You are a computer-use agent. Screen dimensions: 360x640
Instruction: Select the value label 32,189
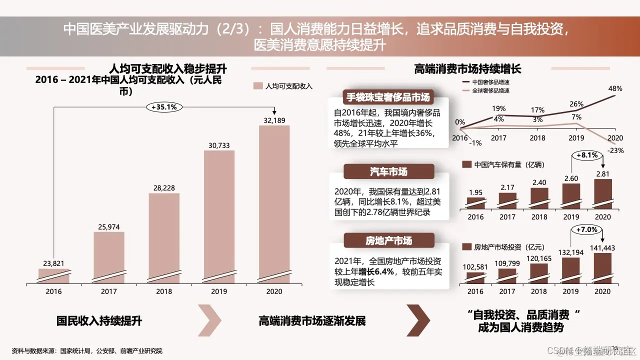tap(273, 120)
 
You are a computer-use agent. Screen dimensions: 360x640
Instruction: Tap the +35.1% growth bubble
tap(164, 106)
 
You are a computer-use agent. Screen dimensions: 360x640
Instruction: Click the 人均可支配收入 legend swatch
tap(258, 86)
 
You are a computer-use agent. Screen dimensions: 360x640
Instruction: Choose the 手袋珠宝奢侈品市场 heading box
tap(387, 97)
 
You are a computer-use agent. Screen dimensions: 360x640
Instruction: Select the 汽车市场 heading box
tap(388, 172)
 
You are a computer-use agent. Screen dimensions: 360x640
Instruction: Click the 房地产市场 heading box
tap(388, 241)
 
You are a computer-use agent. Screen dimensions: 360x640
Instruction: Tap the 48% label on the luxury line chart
tap(615, 88)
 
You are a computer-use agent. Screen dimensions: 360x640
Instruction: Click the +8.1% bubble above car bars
tap(587, 155)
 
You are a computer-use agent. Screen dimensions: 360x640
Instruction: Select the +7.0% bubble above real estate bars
tap(586, 229)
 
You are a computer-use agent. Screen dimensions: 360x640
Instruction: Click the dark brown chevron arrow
tap(418, 320)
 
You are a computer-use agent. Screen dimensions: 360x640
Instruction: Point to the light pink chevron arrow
tap(210, 320)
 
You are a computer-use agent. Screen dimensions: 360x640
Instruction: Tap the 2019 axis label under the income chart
tap(218, 291)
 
